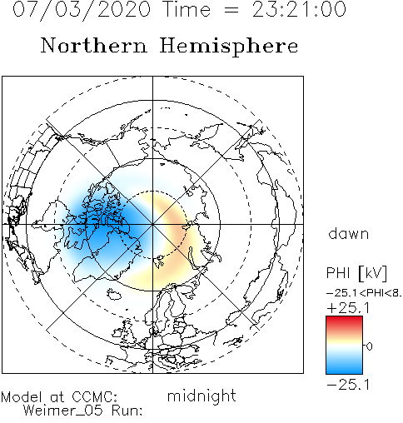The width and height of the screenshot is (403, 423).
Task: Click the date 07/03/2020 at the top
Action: pyautogui.click(x=82, y=10)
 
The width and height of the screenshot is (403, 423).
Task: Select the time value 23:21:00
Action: pyautogui.click(x=299, y=9)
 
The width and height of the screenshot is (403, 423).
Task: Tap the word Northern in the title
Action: pyautogui.click(x=94, y=46)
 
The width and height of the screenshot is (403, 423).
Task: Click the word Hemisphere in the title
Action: pyautogui.click(x=229, y=46)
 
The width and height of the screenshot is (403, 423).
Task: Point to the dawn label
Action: pyautogui.click(x=349, y=234)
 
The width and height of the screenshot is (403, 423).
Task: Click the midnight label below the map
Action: pyautogui.click(x=201, y=396)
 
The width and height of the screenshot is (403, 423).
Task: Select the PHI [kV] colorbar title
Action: pyautogui.click(x=356, y=273)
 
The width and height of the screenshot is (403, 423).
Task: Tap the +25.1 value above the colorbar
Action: pyautogui.click(x=348, y=308)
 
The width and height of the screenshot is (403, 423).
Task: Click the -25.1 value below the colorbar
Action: pyautogui.click(x=348, y=385)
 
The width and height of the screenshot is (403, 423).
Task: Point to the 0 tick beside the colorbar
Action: pyautogui.click(x=370, y=346)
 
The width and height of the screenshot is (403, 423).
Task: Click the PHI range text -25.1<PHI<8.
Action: pyautogui.click(x=364, y=293)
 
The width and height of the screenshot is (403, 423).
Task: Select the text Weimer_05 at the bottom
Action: pyautogui.click(x=63, y=411)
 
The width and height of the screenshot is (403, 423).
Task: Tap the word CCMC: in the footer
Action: pyautogui.click(x=95, y=397)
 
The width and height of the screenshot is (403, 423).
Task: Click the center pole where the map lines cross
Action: pyautogui.click(x=152, y=224)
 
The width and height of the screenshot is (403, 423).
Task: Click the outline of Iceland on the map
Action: pyautogui.click(x=115, y=294)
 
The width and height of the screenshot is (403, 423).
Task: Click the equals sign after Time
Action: pyautogui.click(x=231, y=10)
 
